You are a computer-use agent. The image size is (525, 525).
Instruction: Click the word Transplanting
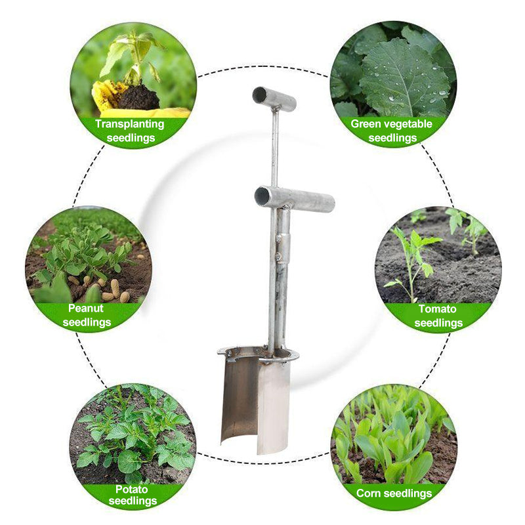click(x=129, y=124)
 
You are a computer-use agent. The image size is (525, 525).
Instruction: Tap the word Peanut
click(x=86, y=308)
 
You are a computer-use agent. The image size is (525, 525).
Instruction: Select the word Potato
click(x=132, y=489)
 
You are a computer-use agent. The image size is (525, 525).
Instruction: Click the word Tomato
click(x=437, y=308)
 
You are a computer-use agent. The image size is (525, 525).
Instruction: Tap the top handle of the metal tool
click(x=274, y=98)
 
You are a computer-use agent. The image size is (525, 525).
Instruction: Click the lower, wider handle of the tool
click(x=294, y=199)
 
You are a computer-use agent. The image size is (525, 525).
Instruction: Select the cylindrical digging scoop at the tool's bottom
click(x=256, y=402)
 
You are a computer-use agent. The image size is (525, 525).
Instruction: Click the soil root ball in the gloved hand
click(x=138, y=97)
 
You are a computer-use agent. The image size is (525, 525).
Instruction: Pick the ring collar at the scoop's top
click(x=258, y=355)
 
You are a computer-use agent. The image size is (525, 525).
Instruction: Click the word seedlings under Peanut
click(x=87, y=322)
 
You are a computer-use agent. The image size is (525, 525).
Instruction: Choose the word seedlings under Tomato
click(x=438, y=323)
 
